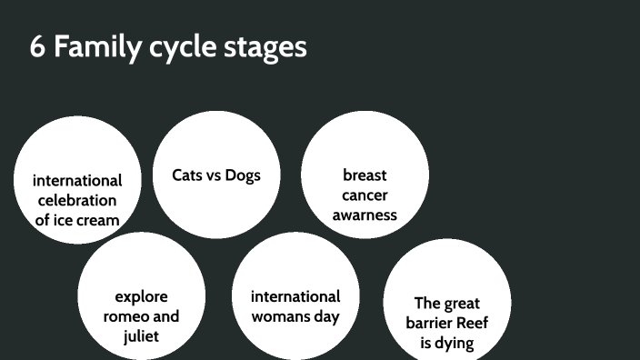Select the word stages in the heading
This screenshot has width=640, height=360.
coord(265,49)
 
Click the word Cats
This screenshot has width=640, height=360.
coord(188,175)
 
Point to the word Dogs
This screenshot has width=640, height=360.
coord(243,175)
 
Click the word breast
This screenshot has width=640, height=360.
coord(365,175)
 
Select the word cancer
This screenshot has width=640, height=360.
coord(365,195)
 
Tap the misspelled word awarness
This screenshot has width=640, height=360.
coord(365,215)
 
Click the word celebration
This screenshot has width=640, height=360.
coord(77,200)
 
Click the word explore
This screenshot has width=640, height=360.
coord(141,296)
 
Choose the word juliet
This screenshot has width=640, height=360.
coord(141,336)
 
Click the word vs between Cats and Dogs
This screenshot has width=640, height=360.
coord(215,175)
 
